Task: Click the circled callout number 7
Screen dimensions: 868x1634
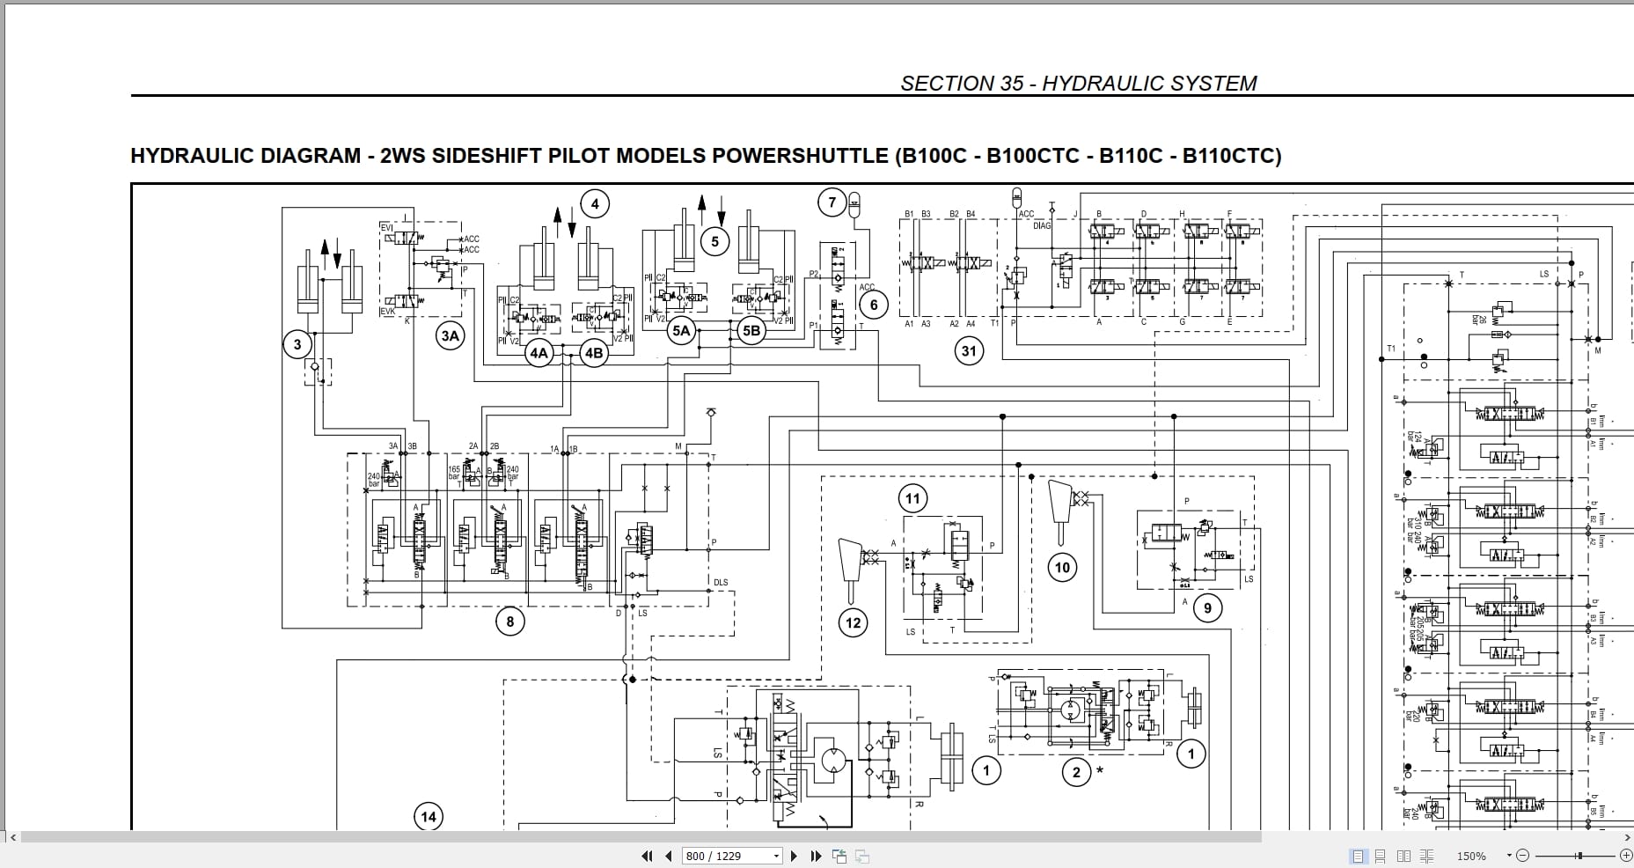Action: click(832, 202)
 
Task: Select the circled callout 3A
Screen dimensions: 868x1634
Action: click(450, 335)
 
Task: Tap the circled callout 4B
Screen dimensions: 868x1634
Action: click(594, 353)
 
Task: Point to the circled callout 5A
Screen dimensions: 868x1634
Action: click(681, 331)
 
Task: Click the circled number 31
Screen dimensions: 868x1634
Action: click(969, 351)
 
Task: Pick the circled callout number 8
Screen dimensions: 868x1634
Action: click(509, 622)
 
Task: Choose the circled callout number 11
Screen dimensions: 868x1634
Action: click(912, 499)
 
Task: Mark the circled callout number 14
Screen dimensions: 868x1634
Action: click(429, 817)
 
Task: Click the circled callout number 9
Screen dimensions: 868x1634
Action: click(1207, 607)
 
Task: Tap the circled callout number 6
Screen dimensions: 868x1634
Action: click(873, 305)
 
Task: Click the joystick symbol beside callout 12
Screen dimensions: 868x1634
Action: click(851, 560)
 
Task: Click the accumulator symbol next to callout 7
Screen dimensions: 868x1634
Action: click(852, 205)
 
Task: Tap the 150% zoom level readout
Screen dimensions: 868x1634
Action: click(1470, 856)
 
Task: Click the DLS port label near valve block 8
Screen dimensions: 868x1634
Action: click(721, 583)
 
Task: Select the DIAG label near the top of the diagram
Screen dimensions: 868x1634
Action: click(1042, 225)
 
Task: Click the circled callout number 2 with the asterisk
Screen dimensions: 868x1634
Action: click(1076, 773)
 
